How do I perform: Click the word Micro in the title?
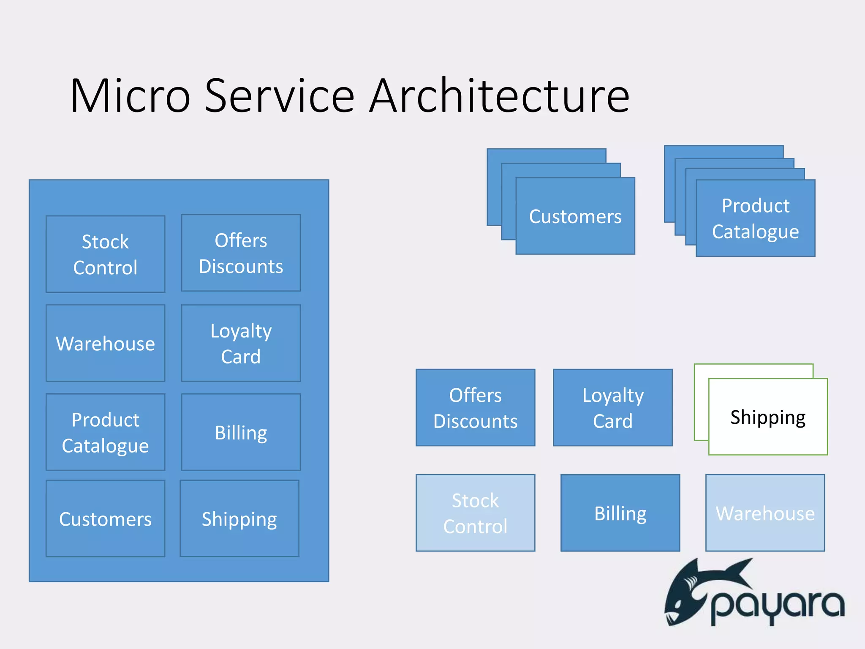130,96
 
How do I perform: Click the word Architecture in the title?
499,96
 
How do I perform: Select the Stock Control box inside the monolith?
105,254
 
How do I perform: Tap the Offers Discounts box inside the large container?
241,253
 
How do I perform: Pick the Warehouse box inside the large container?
105,343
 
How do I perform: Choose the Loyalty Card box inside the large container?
241,343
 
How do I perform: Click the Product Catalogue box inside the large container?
105,432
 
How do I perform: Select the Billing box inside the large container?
241,432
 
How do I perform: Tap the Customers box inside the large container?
105,518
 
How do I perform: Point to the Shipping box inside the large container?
239,518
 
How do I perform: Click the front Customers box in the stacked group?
575,216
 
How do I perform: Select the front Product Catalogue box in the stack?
756,218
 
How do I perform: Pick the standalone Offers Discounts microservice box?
475,408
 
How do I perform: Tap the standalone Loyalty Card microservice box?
613,408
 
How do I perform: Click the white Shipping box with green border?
768,417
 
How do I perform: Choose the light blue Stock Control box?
475,513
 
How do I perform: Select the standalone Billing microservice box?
620,513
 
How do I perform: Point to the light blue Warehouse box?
765,513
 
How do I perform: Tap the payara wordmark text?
777,606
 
